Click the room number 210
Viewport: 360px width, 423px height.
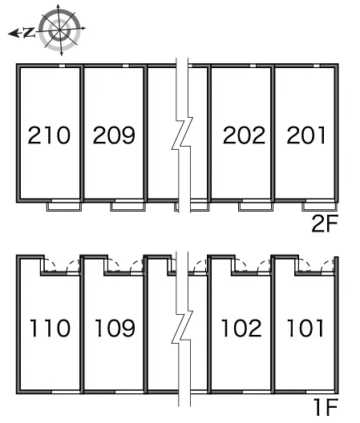click(x=49, y=135)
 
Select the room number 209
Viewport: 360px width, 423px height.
click(x=114, y=135)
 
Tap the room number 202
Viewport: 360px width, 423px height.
click(x=244, y=135)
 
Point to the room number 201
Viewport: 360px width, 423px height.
click(x=306, y=135)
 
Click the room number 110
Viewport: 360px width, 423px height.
click(x=50, y=328)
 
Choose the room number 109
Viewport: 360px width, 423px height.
click(x=115, y=328)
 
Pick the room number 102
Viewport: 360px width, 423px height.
click(x=241, y=328)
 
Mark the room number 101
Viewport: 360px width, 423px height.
click(x=305, y=328)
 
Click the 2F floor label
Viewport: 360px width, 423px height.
click(x=325, y=224)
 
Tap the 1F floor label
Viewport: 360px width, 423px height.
click(x=326, y=407)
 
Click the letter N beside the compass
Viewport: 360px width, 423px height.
click(x=29, y=33)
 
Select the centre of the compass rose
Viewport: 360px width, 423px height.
click(x=59, y=30)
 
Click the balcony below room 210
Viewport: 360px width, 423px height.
click(x=64, y=207)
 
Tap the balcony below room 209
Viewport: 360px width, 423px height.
click(x=128, y=207)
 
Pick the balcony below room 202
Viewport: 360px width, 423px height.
click(x=256, y=207)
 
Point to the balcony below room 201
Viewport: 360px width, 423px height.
click(x=320, y=207)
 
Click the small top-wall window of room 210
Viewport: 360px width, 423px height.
click(x=62, y=66)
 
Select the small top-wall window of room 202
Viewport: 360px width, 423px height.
click(x=253, y=66)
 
